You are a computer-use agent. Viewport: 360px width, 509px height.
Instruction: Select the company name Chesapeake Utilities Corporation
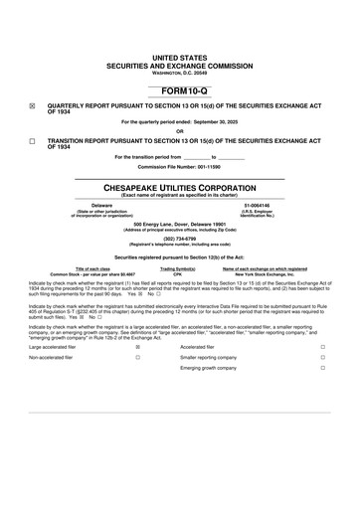coord(179,187)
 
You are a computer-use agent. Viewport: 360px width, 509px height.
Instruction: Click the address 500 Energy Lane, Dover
coord(179,225)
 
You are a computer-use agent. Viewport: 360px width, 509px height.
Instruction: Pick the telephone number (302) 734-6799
coord(179,239)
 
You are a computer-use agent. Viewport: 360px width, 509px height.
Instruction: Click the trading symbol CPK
coord(178,273)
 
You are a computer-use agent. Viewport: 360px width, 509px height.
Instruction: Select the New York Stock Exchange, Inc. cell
coord(265,273)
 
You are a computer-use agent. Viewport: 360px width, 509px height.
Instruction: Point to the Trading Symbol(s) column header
coord(178,268)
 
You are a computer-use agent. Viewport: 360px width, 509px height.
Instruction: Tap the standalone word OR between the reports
coord(179,131)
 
